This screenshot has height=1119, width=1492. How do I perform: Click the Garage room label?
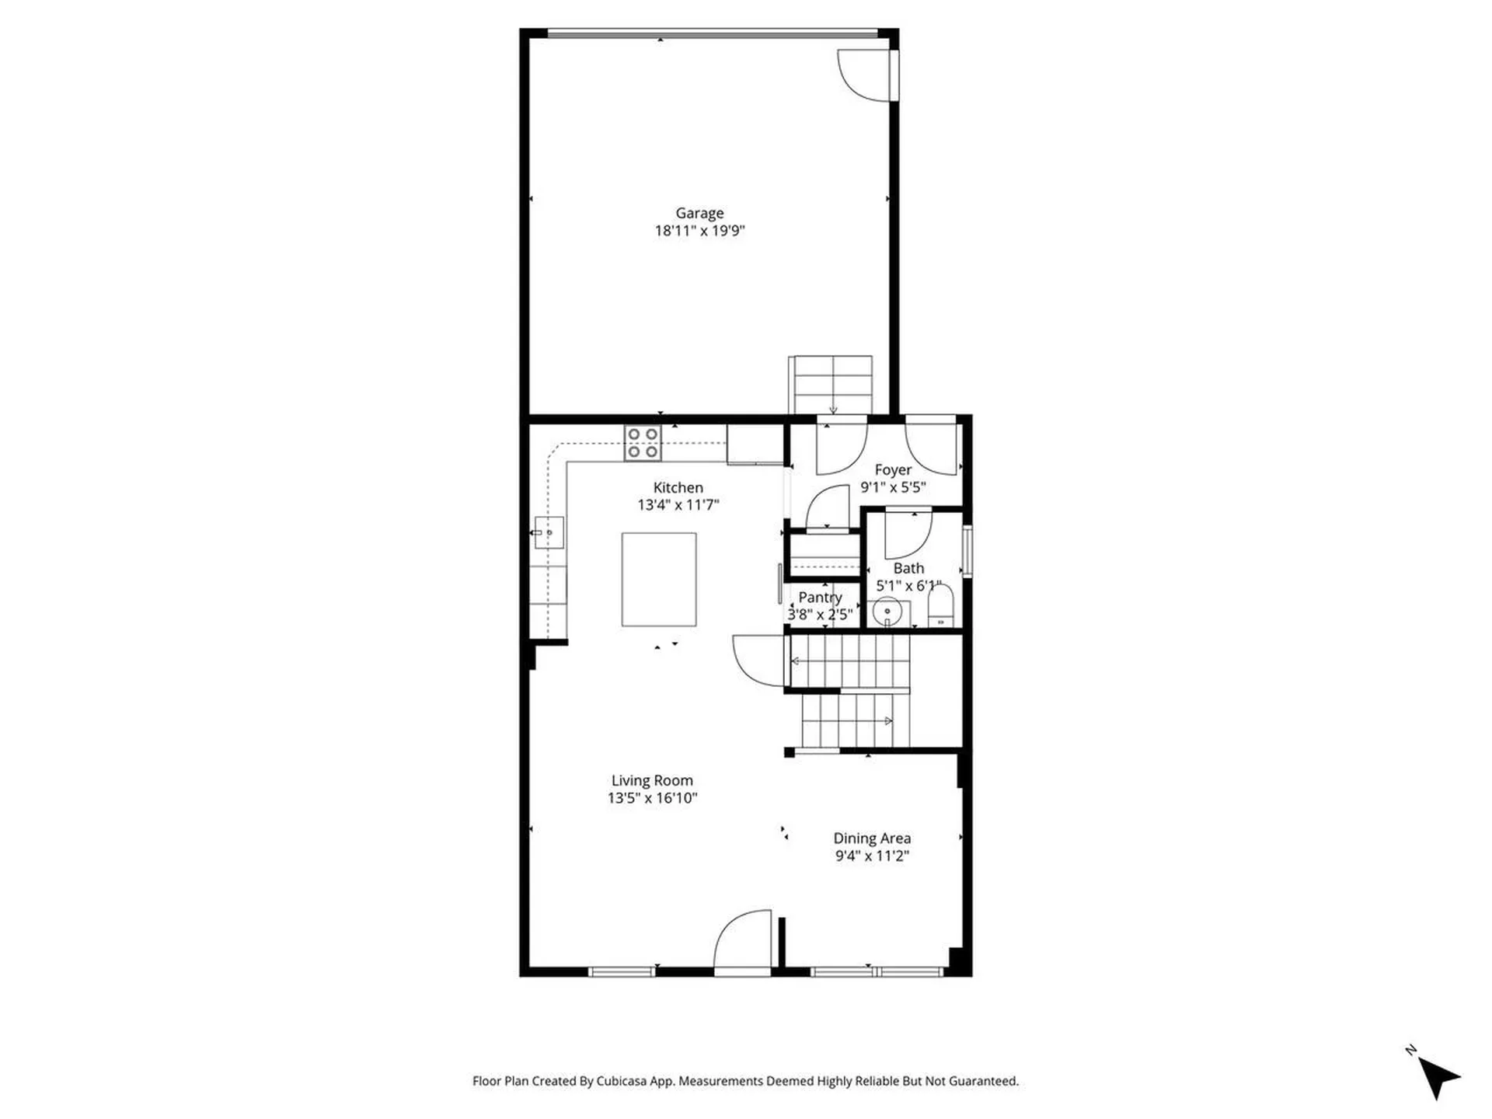coord(699,213)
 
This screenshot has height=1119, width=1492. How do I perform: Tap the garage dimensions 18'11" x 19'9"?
coord(699,231)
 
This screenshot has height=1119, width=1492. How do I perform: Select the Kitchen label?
coord(678,487)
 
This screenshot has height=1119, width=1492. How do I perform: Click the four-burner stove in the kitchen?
coord(643,443)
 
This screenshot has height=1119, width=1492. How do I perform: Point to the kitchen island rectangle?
coord(658,579)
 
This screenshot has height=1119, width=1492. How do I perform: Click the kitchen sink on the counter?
coord(549,533)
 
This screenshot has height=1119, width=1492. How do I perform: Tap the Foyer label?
coord(893,470)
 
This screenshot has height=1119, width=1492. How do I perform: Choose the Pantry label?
coord(820,597)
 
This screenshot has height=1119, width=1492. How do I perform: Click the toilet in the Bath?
coord(940,607)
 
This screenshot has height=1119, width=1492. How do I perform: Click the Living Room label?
coord(651,780)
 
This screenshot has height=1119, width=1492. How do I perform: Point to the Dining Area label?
coord(872,838)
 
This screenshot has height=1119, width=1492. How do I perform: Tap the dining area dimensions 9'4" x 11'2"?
coord(872,856)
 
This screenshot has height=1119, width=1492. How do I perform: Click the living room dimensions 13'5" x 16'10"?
coord(652,798)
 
